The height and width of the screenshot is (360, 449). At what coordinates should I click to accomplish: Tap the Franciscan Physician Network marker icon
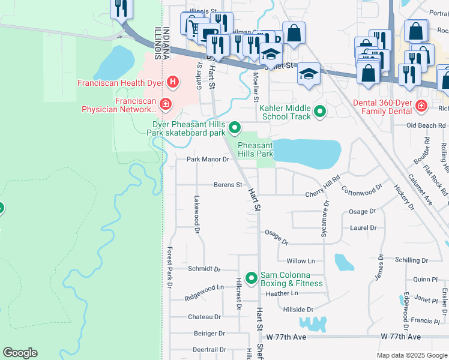(165, 105)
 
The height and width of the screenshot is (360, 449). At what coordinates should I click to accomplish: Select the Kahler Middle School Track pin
(320, 110)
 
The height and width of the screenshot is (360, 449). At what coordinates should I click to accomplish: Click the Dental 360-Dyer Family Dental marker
(421, 105)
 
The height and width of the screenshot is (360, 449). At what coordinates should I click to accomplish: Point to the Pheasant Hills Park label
(256, 149)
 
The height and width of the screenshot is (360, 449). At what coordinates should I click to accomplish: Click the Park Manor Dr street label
(208, 160)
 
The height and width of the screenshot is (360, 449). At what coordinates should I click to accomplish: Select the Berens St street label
(228, 185)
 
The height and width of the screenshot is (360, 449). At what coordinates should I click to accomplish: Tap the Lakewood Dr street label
(196, 210)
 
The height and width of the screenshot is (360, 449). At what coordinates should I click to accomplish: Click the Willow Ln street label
(301, 261)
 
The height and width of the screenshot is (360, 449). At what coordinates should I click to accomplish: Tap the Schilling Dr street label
(411, 260)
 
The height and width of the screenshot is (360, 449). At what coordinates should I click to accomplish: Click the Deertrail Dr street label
(209, 349)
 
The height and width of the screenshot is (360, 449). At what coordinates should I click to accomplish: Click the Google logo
(20, 353)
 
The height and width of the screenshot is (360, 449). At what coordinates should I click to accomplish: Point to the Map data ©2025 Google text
(411, 355)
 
